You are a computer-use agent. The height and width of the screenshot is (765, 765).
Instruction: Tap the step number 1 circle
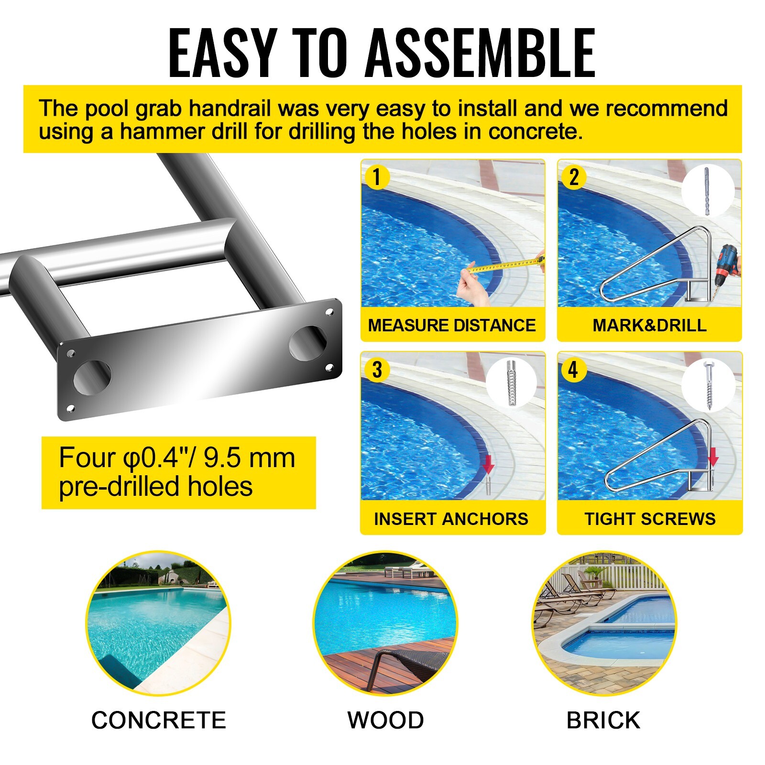pos(377,177)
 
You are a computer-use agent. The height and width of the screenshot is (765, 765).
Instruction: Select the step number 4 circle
pos(573,370)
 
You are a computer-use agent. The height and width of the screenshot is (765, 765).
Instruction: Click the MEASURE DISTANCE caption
pos(452,326)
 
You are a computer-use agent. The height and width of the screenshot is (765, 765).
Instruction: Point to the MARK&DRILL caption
pos(649,326)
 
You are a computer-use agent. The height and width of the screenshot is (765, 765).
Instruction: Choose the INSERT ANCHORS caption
pos(451,519)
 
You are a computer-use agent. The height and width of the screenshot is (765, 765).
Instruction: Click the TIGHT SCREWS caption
pos(650,519)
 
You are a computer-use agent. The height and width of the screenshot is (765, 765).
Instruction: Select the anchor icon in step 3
pos(511,382)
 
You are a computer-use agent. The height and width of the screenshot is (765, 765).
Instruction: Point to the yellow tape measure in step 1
pos(507,265)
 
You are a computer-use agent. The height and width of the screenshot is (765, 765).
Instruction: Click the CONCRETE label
pos(158,721)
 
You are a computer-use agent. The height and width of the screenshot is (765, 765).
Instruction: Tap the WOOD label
pos(385,721)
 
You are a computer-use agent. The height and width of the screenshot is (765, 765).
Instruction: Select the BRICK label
pos(603,721)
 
